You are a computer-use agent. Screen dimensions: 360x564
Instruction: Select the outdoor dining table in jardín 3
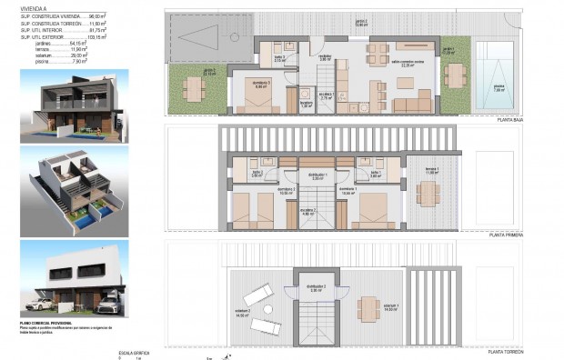click(x=193, y=87)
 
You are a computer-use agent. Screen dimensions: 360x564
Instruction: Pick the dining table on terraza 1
click(x=428, y=193)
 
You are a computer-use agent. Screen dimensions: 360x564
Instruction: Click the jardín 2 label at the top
click(x=361, y=22)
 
